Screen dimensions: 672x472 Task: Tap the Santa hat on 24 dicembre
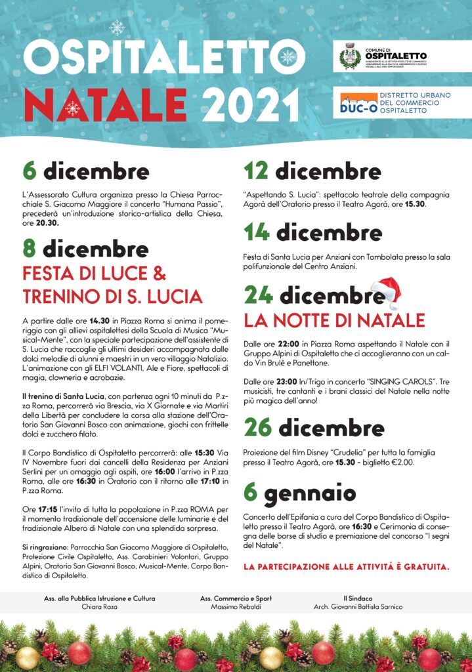(387, 291)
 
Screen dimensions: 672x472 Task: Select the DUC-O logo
(358, 102)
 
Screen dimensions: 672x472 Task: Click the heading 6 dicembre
(85, 172)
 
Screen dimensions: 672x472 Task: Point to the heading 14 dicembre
(312, 232)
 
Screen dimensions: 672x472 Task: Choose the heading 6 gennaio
(299, 492)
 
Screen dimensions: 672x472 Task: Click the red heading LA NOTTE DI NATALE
(334, 321)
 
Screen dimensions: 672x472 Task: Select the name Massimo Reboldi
(236, 607)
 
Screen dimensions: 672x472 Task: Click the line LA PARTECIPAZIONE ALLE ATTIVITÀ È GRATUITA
(346, 566)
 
